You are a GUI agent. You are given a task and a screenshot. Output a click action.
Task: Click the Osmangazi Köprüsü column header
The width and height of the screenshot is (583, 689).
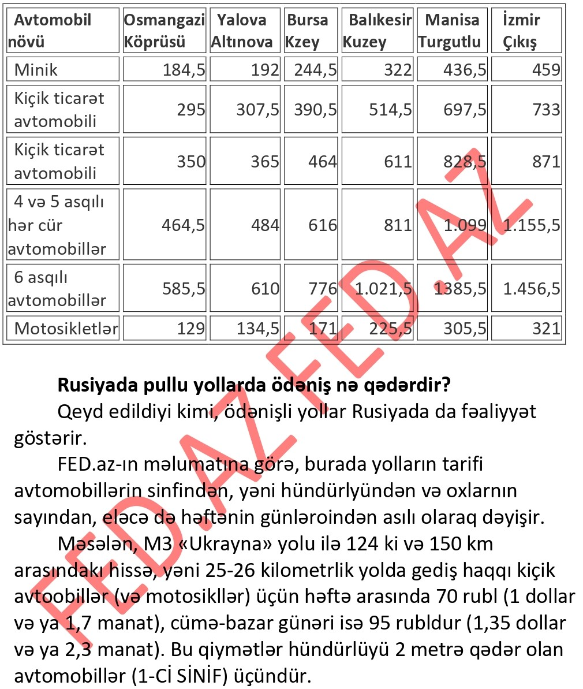164,31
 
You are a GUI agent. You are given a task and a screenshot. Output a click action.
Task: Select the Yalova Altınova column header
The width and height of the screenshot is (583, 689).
242,31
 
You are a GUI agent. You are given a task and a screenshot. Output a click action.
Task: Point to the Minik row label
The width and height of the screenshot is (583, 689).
36,70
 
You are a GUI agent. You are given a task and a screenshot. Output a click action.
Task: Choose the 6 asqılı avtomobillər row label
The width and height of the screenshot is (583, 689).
57,289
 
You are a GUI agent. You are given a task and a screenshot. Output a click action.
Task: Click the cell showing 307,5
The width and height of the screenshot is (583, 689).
257,109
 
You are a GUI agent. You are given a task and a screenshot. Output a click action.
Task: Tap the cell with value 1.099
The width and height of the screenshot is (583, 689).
465,225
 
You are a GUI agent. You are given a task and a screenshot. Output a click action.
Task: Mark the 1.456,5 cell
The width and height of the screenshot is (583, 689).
531,289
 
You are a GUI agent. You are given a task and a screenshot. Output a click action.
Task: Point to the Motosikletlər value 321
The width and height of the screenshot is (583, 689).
546,329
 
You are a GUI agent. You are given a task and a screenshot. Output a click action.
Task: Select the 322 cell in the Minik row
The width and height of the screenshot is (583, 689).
398,70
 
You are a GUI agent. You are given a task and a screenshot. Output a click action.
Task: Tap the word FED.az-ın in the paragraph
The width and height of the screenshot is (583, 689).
96,464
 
